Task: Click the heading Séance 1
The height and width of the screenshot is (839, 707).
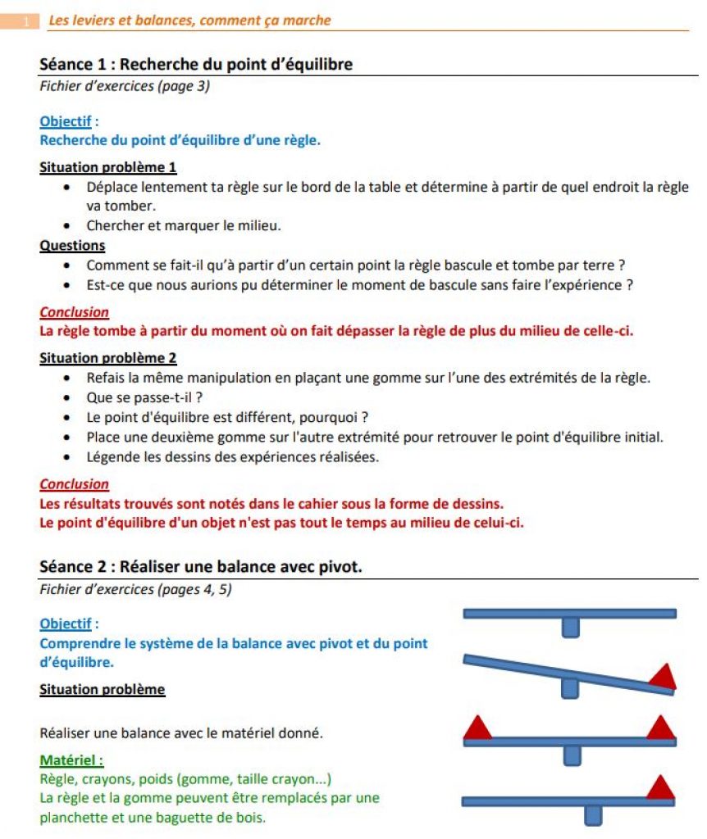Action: [x=196, y=64]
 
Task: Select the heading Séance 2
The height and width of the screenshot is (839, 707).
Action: [x=200, y=566]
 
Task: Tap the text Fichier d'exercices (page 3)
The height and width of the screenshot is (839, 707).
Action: [x=124, y=85]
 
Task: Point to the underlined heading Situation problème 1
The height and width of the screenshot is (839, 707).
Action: [x=108, y=167]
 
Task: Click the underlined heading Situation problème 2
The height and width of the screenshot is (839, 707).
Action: [x=108, y=357]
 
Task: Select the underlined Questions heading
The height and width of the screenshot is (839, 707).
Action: [x=72, y=245]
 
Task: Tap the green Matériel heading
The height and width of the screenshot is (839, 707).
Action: [x=71, y=760]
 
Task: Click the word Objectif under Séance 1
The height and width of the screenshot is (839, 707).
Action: [x=65, y=121]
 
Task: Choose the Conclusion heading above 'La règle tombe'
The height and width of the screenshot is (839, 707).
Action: [x=74, y=312]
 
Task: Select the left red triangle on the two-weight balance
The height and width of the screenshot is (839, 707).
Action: [x=477, y=727]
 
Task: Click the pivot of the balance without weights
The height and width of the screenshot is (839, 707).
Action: [x=570, y=628]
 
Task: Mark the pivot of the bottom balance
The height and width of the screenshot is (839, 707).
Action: [x=591, y=814]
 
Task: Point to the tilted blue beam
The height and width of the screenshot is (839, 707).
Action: [x=566, y=673]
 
